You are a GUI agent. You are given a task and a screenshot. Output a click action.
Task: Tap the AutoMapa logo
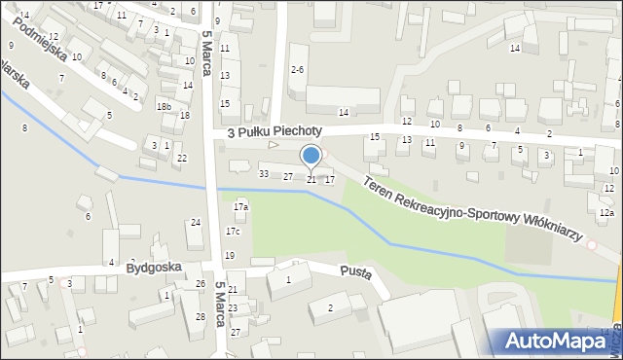[x=558, y=341]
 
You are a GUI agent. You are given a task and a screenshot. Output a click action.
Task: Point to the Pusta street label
[x=355, y=272]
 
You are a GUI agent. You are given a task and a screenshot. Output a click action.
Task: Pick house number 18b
[x=165, y=107]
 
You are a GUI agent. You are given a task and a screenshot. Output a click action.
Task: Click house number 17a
[x=240, y=206]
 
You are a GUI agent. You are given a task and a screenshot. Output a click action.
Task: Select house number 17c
[x=233, y=232]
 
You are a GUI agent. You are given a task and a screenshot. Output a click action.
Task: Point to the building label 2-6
[x=298, y=70]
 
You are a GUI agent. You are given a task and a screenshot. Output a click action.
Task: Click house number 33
[x=264, y=173]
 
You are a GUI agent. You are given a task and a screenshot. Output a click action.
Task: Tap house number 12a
[x=606, y=212]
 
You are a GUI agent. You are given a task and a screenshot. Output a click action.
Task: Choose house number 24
[x=196, y=223]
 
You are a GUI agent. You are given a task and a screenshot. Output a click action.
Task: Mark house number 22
[x=181, y=159]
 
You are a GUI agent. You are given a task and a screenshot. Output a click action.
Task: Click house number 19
[x=230, y=255]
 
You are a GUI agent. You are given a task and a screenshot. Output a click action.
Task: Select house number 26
[x=200, y=284]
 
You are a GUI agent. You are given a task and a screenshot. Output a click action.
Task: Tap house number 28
[x=200, y=317]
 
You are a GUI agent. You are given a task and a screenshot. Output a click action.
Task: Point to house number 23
[x=233, y=307]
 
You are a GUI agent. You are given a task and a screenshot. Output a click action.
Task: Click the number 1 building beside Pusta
[x=287, y=280]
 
